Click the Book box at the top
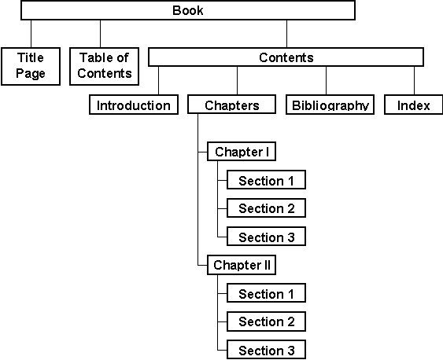coord(187,10)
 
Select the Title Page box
coord(31,66)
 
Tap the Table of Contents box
coord(105,66)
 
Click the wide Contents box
coord(286,57)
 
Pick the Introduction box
coord(134,105)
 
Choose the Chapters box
coord(232,105)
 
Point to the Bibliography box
coord(330,105)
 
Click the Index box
coord(413,105)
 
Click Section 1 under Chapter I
coord(266,181)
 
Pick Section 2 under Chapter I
coord(266,208)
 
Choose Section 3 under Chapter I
coord(266,237)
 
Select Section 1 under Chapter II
coord(266,294)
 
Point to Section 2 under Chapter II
coord(266,321)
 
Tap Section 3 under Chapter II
coord(266,350)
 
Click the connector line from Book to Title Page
coord(31,33)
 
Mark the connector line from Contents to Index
coord(414,80)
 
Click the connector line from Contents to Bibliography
coord(326,80)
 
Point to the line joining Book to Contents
coord(286,33)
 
